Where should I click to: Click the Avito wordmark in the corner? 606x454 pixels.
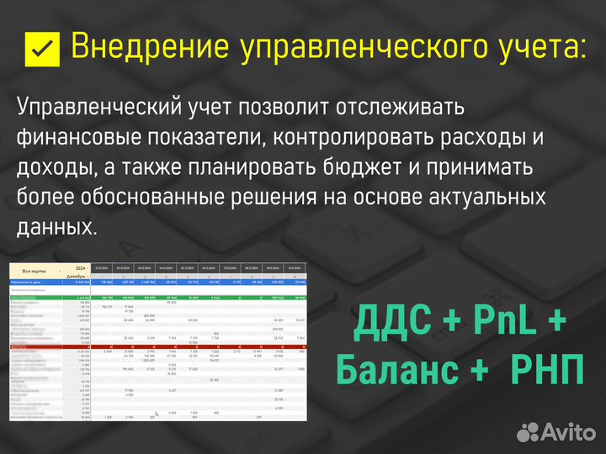(x=567, y=432)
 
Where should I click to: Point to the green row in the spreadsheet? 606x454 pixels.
(x=160, y=298)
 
